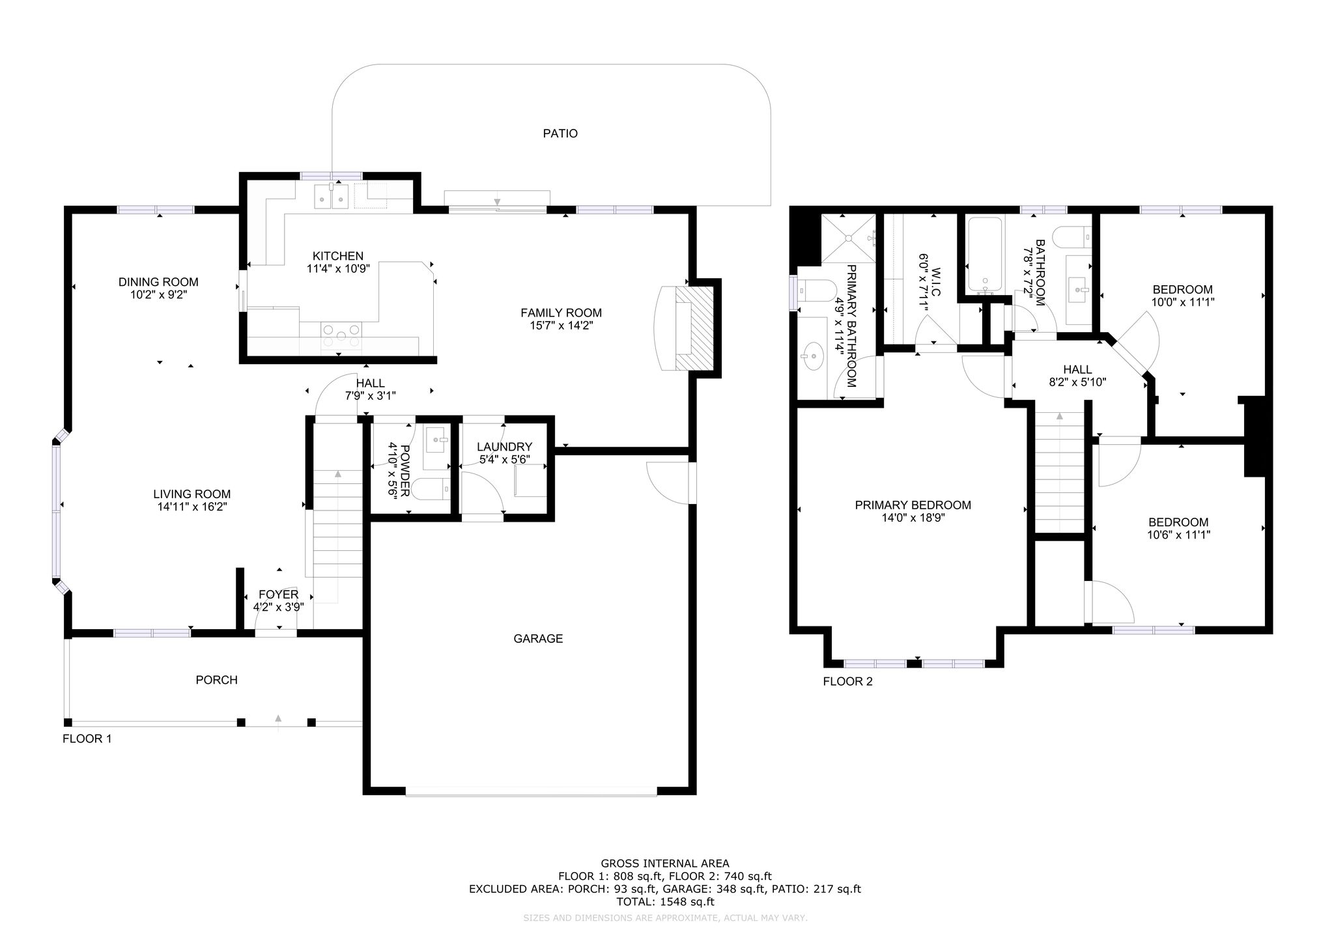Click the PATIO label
tap(560, 134)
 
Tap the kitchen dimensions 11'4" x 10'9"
tap(338, 268)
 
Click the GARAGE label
tap(538, 639)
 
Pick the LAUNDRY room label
tap(504, 447)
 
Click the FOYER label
tap(279, 595)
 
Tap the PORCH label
tap(217, 680)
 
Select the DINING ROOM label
tap(158, 282)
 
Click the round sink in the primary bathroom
tap(812, 356)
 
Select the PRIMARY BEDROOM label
tap(913, 505)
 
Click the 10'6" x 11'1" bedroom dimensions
tap(1178, 535)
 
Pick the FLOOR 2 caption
tap(847, 682)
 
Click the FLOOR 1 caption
tap(87, 739)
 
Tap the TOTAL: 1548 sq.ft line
tap(665, 902)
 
